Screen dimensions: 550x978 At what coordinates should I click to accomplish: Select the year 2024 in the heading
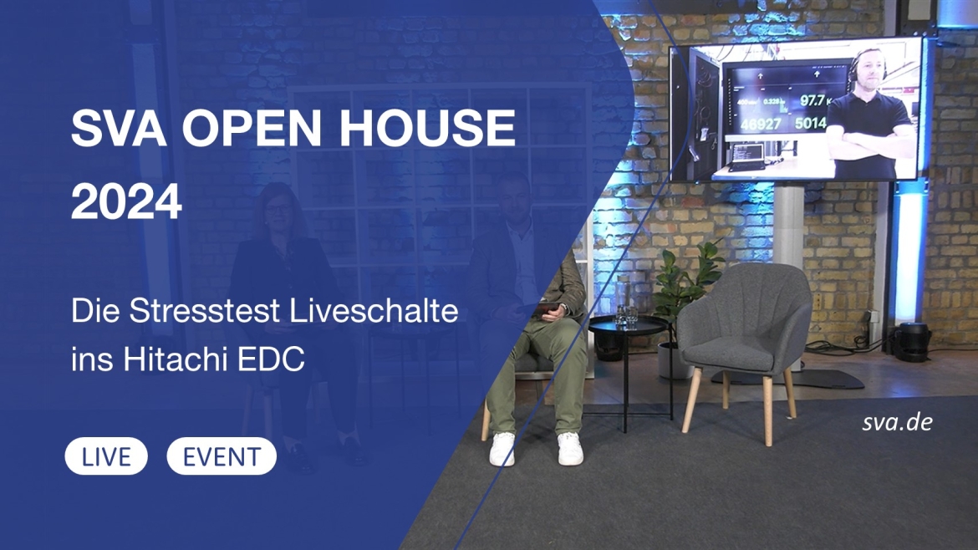(x=126, y=202)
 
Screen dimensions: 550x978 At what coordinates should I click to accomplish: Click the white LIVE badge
(x=106, y=456)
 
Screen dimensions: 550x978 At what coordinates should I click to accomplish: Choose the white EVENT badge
(x=222, y=456)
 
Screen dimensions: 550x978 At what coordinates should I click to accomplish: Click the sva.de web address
(x=896, y=422)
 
